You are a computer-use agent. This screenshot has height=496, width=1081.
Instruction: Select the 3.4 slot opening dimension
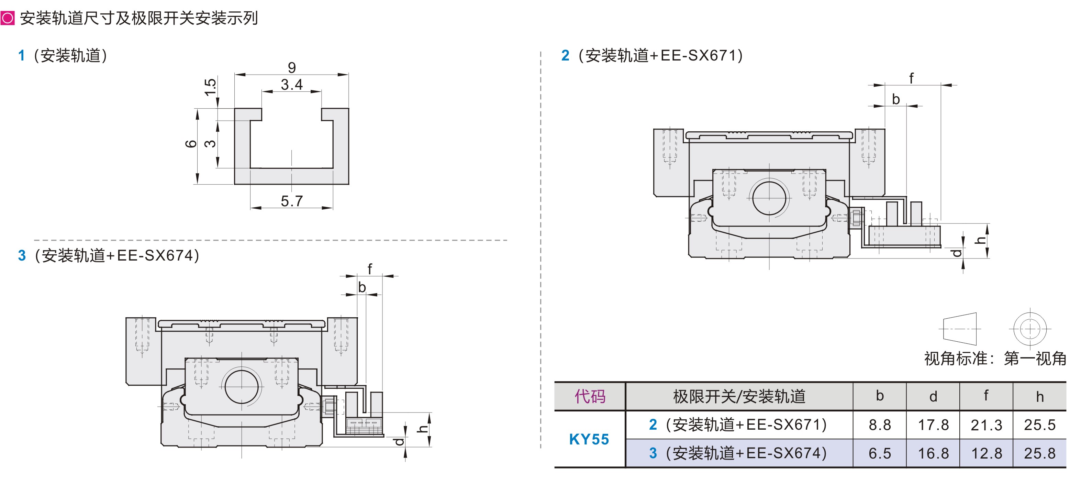(292, 85)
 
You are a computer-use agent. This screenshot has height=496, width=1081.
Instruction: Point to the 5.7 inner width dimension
(292, 201)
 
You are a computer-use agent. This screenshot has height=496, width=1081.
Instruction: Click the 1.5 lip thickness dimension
(210, 87)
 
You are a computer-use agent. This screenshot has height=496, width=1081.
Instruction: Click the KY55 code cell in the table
(589, 439)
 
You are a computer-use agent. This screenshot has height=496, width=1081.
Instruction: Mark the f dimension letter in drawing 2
(911, 78)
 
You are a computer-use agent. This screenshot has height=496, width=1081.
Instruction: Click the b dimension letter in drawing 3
(362, 287)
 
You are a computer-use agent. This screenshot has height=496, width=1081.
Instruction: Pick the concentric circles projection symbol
(1030, 329)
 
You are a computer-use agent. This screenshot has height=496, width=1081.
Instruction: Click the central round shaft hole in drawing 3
(241, 386)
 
